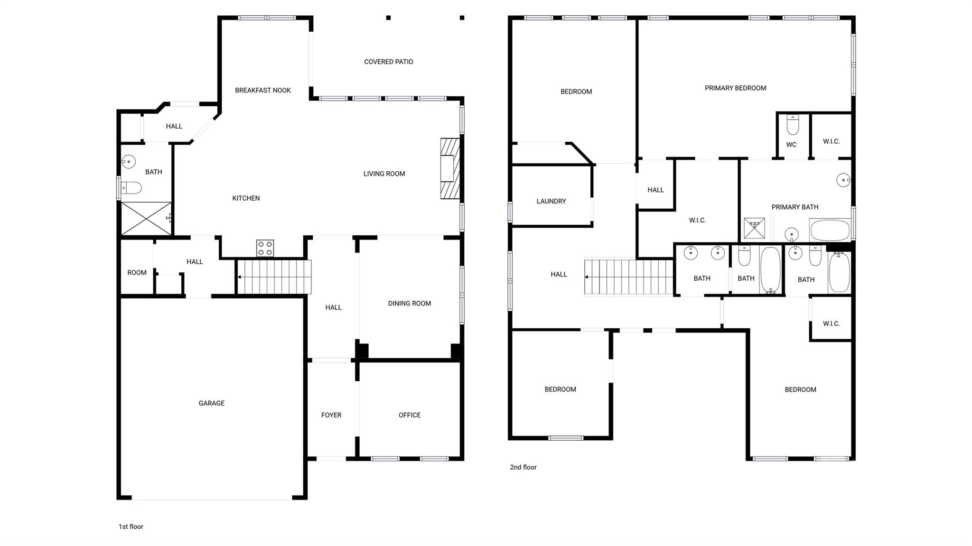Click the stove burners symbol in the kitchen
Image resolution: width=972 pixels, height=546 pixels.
(265, 248)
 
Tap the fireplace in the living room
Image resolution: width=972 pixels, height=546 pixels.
(450, 168)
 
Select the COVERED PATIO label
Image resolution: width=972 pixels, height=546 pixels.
(388, 62)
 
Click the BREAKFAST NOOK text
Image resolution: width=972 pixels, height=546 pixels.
(262, 90)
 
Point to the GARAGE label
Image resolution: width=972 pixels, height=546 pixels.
(211, 403)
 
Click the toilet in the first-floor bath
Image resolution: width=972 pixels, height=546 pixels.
(131, 188)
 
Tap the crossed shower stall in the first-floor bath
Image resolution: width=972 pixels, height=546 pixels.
(146, 219)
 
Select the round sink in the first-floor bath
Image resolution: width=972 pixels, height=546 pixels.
(129, 162)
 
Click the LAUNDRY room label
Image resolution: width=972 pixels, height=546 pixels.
(551, 201)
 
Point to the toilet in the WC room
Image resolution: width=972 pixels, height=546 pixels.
(793, 125)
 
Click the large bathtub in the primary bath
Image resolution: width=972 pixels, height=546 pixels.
(830, 231)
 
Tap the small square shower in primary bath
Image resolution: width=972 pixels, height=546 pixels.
(754, 229)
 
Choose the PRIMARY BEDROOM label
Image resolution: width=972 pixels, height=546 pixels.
(735, 88)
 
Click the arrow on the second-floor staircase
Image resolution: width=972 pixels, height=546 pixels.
(588, 277)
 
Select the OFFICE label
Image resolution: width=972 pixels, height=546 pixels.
(409, 415)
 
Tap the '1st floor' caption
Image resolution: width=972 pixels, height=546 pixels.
(131, 527)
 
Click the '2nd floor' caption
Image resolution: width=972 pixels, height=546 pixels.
(523, 467)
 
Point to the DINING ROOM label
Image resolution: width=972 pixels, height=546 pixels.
(409, 304)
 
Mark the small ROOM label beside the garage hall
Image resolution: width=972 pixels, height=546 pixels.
(137, 273)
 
